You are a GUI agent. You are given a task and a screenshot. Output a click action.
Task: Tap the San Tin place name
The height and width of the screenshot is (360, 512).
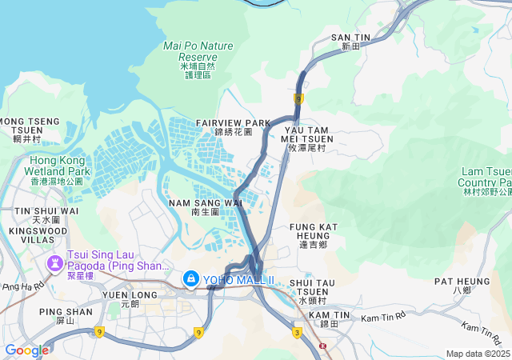[x=351, y=42]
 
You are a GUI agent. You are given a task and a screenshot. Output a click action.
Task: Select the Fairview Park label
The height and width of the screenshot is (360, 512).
[x=234, y=126]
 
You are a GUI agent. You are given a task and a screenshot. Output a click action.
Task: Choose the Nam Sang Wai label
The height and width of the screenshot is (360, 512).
[x=206, y=207]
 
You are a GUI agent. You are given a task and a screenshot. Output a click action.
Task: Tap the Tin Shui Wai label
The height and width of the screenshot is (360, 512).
[x=46, y=214]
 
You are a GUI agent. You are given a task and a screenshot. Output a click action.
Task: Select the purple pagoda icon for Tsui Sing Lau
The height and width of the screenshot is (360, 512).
[x=56, y=262]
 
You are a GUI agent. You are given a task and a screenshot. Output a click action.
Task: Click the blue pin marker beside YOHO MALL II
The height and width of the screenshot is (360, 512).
[x=190, y=278]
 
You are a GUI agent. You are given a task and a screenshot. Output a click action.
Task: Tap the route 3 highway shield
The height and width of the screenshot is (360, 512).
[x=297, y=332]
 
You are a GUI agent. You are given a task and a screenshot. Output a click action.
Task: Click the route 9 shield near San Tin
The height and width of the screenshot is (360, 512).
[x=298, y=98]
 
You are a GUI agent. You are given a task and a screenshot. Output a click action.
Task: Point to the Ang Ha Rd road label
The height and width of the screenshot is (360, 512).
[x=23, y=285]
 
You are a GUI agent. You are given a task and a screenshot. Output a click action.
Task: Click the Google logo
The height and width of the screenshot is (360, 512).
[x=26, y=350]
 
